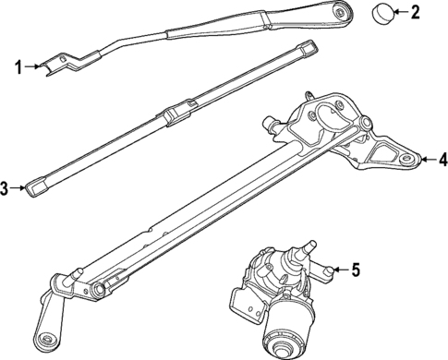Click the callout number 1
point(17,66)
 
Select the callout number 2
point(415,12)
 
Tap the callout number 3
point(6,189)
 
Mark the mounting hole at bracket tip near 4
point(406,160)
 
